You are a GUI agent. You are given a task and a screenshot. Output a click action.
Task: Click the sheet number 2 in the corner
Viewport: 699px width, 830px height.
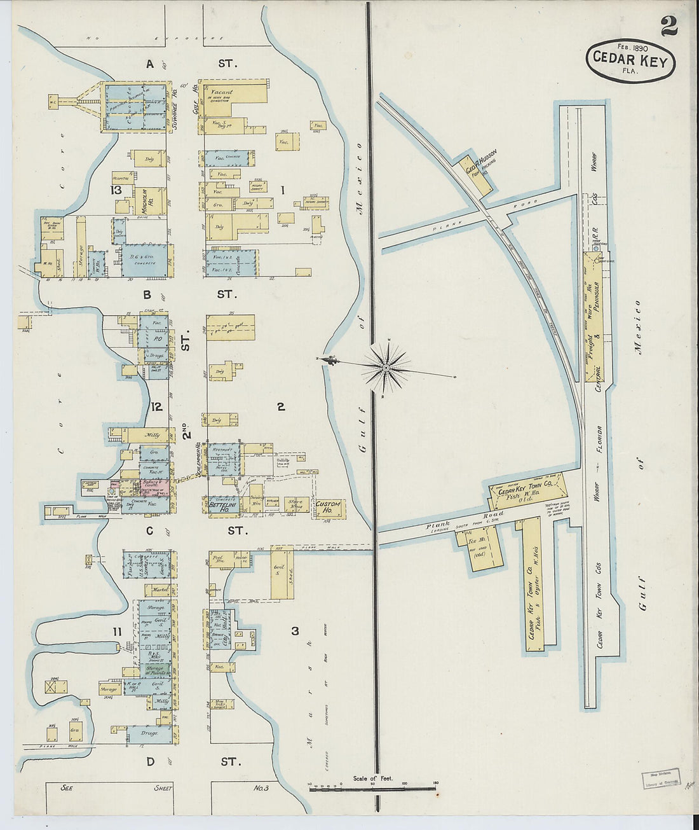668,26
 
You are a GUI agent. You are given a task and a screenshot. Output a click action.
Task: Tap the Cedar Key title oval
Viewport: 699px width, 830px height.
630,60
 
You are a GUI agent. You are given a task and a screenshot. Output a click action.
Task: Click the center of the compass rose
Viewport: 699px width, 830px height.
386,368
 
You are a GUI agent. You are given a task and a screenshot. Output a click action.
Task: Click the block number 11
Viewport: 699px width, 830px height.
116,632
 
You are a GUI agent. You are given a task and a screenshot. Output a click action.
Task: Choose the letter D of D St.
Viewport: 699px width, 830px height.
151,761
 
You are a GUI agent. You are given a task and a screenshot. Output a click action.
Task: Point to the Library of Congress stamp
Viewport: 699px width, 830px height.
660,778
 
